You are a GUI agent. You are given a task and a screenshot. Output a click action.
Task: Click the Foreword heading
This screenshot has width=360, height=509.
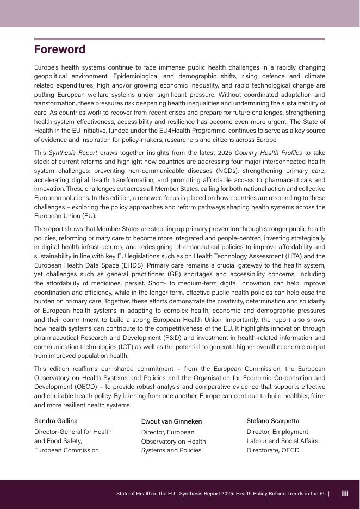60,49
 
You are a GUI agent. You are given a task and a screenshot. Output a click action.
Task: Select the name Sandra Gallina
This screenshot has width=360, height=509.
56,421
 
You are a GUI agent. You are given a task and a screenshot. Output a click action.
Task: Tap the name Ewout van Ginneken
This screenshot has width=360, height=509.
171,421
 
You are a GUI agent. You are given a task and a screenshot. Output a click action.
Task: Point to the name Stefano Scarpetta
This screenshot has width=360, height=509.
272,421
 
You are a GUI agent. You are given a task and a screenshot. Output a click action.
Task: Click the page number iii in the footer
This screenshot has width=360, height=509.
345,494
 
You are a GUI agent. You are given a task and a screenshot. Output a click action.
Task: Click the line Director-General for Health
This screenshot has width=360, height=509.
73,432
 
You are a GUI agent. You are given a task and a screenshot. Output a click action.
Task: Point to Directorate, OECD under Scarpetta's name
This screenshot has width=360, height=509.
272,450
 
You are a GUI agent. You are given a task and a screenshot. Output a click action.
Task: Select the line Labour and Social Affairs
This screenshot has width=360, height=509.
282,441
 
